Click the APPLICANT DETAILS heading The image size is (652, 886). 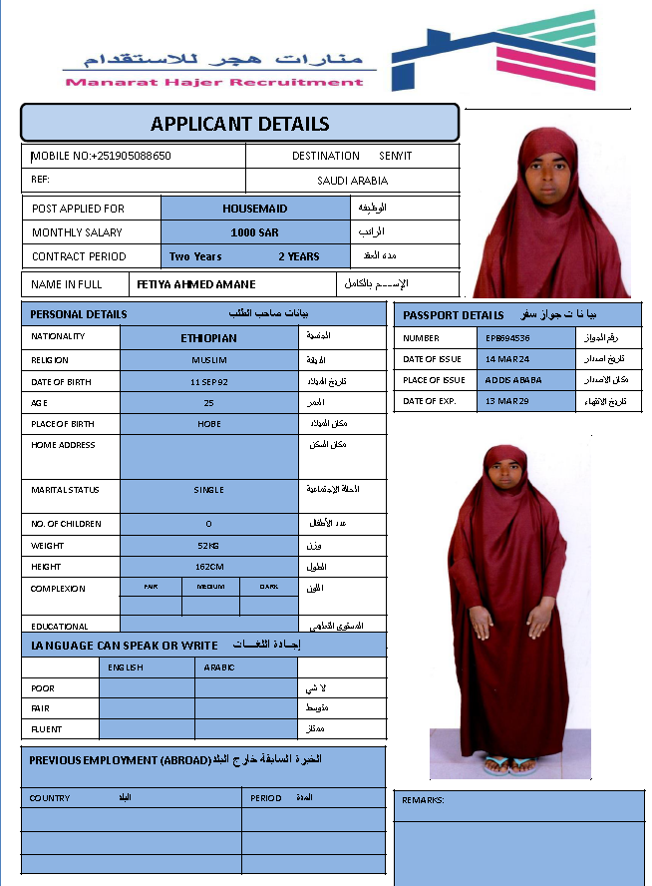[x=239, y=125]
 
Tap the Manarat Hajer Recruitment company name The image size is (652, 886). [x=214, y=82]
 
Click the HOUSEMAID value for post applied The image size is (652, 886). [x=254, y=209]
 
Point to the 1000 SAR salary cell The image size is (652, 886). [x=254, y=232]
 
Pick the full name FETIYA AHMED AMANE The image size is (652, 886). [x=196, y=284]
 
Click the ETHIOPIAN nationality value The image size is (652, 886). [x=208, y=337]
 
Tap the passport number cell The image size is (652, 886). [x=508, y=338]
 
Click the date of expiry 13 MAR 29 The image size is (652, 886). [x=508, y=401]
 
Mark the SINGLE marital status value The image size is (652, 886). [x=208, y=490]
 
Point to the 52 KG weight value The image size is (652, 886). [x=208, y=546]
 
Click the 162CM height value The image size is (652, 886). [x=208, y=567]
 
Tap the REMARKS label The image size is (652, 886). [x=423, y=800]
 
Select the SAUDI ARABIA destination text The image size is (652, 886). [x=352, y=181]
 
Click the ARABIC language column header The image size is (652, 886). [x=219, y=666]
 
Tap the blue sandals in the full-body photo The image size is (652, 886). [x=509, y=766]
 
